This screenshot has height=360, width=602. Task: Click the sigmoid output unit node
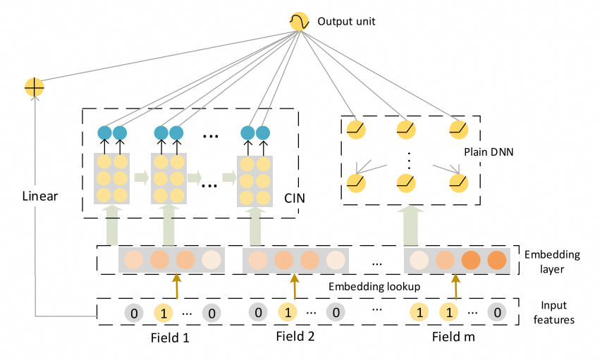(x=299, y=22)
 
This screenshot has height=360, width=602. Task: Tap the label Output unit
(x=346, y=22)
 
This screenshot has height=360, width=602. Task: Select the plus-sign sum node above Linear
(x=34, y=87)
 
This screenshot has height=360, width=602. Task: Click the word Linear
(x=40, y=196)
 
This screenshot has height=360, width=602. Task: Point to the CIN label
(x=295, y=198)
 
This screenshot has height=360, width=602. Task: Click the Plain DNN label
(x=489, y=152)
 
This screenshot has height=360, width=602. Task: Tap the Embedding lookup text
(x=374, y=287)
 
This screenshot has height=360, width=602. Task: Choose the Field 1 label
(x=170, y=337)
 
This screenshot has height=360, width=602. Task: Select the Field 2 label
(x=295, y=336)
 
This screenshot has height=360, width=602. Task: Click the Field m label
(x=453, y=337)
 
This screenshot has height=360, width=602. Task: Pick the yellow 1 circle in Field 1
(x=164, y=314)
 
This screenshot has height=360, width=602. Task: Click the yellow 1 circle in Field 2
(x=288, y=312)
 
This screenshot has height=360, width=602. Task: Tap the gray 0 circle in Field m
(x=497, y=312)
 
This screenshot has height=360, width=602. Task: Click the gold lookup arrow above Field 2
(x=295, y=286)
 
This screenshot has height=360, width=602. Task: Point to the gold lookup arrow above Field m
(x=455, y=286)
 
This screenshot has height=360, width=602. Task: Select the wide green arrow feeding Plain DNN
(x=410, y=225)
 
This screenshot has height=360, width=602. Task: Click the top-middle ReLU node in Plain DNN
(x=406, y=130)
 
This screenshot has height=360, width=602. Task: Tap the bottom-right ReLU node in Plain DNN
(x=459, y=182)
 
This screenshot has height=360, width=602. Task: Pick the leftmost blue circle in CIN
(x=104, y=132)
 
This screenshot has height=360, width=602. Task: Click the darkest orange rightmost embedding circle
(x=497, y=260)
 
